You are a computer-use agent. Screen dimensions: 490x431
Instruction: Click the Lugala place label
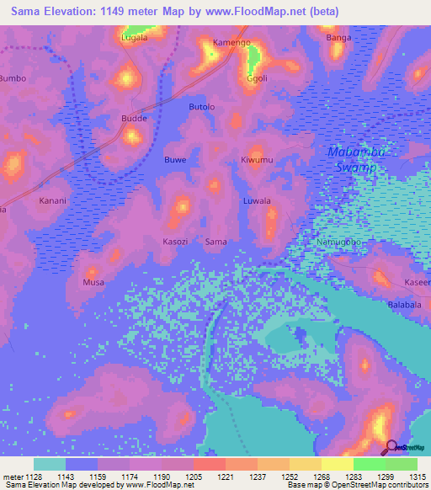point(134,38)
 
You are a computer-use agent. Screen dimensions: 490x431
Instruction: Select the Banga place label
point(338,38)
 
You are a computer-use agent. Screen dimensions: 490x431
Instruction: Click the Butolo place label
point(202,107)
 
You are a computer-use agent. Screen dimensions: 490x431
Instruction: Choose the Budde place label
point(135,119)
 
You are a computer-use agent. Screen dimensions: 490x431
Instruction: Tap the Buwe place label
point(175,160)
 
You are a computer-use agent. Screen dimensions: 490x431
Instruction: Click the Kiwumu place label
point(257,160)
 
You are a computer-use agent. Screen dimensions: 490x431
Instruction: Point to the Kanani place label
point(53,202)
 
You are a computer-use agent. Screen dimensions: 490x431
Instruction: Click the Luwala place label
point(257,201)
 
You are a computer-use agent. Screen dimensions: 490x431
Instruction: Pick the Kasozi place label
point(175,242)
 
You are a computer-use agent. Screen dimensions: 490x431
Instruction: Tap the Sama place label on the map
point(216,242)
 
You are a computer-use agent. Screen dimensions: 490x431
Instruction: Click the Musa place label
point(93,283)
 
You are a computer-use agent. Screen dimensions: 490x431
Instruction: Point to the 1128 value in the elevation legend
point(34,477)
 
